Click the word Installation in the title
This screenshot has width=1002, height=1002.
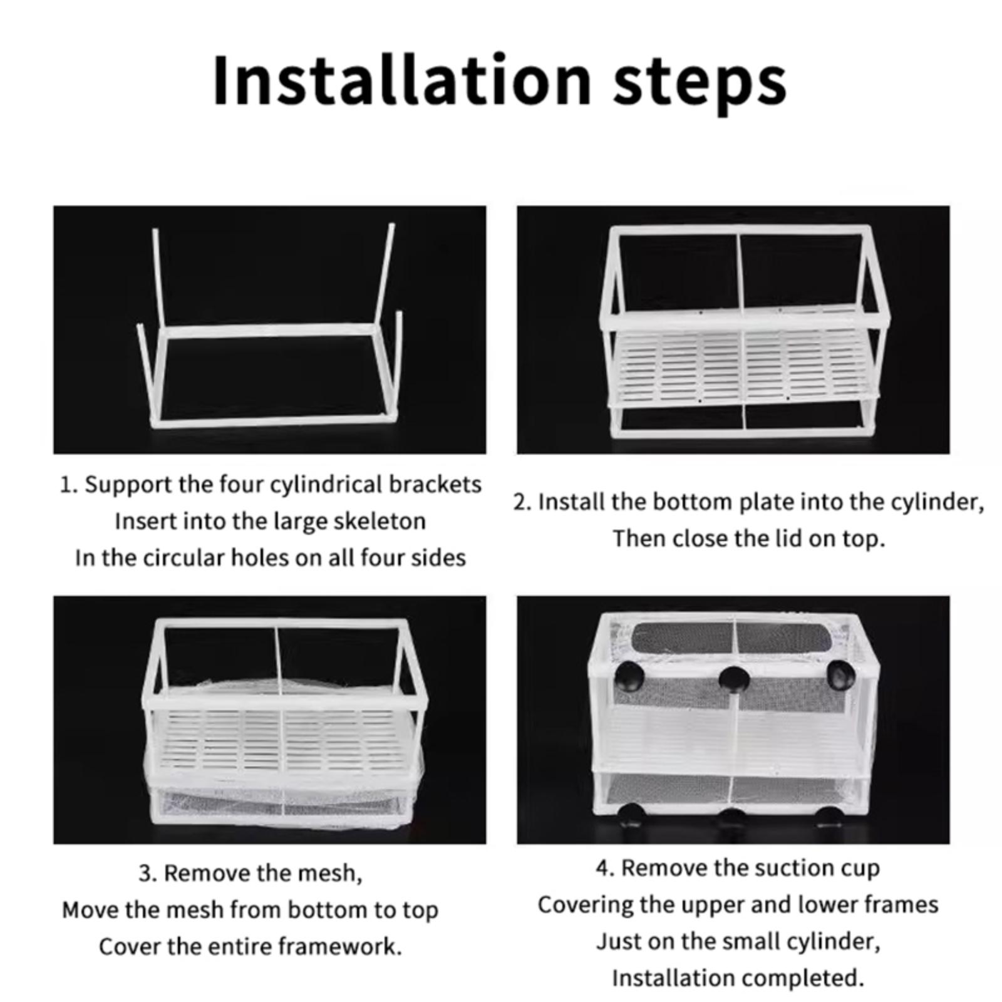(401, 81)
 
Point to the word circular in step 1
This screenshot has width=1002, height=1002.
(183, 558)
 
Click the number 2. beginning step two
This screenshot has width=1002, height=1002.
(523, 502)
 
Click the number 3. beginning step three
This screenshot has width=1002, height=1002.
(148, 873)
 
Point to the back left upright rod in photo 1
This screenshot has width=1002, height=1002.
(158, 280)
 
